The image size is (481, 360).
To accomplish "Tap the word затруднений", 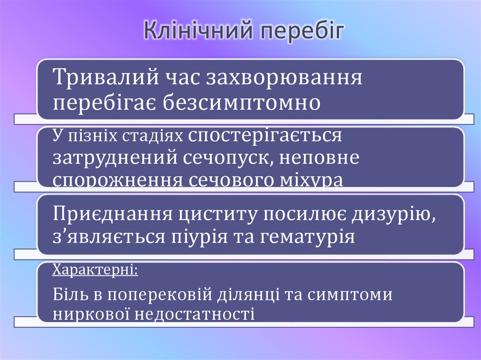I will point(115,158).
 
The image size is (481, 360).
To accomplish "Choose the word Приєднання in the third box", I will point(112,214).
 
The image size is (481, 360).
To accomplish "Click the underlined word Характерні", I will point(95,271).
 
